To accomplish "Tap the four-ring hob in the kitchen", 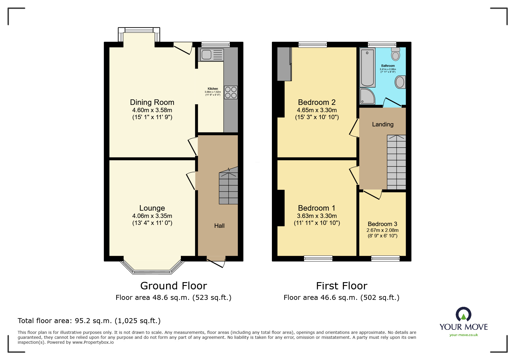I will coord(231,92).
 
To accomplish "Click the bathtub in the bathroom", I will coord(367,67).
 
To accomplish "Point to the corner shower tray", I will coord(367,96).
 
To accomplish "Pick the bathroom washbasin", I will coord(400,82).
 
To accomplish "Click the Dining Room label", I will coord(152,102).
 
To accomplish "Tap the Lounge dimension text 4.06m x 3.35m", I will coord(152,216).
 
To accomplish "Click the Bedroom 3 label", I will coord(382,224).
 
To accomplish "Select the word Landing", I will coord(383,124).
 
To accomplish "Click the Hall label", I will coord(219,226).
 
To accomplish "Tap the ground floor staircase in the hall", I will coord(229,187).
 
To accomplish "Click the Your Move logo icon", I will coord(464,314).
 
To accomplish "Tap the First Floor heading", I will coord(342,286).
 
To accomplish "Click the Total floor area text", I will coord(89,321).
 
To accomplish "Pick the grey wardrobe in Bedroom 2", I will coord(284,64).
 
